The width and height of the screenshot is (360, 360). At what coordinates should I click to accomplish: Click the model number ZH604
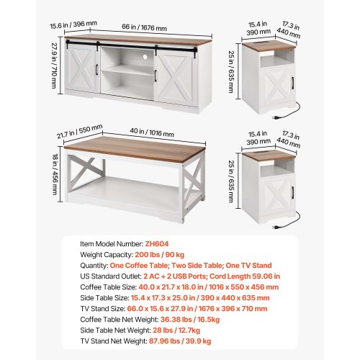(x=157, y=244)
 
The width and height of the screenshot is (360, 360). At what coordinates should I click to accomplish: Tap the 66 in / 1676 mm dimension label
(x=144, y=27)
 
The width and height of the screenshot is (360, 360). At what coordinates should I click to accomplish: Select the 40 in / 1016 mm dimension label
(x=152, y=132)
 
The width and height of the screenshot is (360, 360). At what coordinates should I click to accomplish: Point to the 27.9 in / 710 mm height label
(x=55, y=66)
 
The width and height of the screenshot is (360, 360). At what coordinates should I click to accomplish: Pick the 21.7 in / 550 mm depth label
(x=80, y=131)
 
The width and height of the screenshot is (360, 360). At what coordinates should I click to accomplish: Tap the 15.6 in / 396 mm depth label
(x=73, y=24)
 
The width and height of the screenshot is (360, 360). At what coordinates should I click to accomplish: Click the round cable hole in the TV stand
(x=145, y=57)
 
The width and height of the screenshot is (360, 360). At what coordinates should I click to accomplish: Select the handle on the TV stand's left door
(x=96, y=69)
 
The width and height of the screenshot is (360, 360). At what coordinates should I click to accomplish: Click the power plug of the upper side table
(x=274, y=117)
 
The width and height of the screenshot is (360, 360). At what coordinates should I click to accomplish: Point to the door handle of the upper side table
(x=292, y=83)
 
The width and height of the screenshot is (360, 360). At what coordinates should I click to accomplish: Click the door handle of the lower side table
(x=292, y=192)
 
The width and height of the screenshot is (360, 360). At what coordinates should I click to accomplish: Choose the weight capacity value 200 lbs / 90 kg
(x=160, y=255)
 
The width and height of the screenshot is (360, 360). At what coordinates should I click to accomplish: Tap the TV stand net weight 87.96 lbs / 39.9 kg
(x=180, y=341)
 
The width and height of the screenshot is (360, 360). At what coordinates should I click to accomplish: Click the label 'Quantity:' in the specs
(x=94, y=266)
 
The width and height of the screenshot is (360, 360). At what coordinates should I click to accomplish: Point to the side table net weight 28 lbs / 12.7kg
(x=176, y=330)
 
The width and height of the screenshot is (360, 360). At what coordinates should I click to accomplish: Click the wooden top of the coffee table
(x=135, y=149)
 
